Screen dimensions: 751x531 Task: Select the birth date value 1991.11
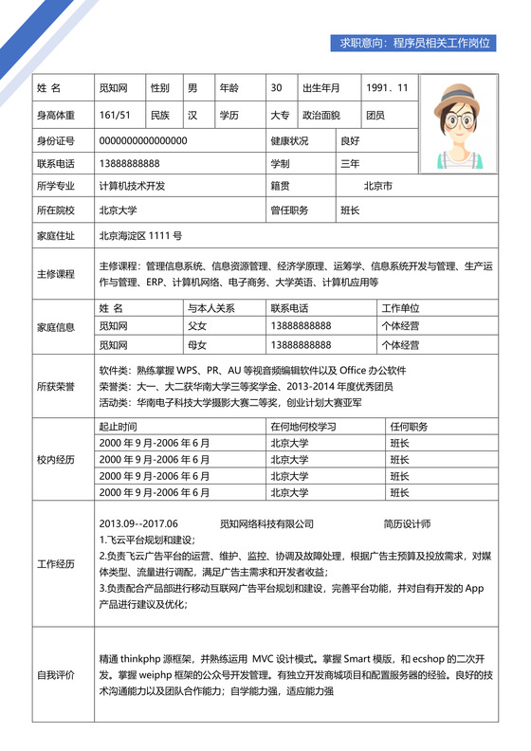[387, 88]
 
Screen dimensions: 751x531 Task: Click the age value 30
[277, 88]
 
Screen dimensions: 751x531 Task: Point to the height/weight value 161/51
[115, 115]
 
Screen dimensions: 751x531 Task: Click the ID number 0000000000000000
[143, 141]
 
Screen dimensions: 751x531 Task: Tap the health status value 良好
[350, 141]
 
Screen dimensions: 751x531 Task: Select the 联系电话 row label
[55, 163]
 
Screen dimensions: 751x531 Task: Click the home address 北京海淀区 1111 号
[140, 234]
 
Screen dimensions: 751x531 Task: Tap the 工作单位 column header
[400, 308]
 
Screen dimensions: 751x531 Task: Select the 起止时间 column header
[119, 427]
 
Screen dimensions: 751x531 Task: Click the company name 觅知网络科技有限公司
[266, 522]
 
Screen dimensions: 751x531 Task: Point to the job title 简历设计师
[407, 522]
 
